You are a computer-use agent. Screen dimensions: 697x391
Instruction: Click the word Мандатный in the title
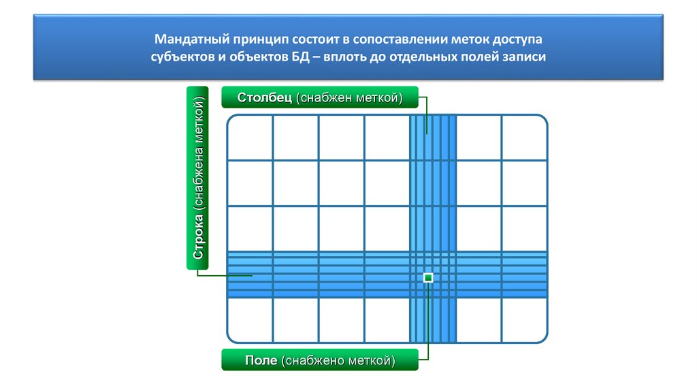(x=188, y=40)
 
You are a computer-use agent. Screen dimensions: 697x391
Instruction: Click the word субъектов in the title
(x=182, y=57)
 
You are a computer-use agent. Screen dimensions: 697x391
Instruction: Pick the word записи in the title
(x=525, y=57)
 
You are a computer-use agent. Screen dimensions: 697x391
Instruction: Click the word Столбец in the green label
(x=264, y=98)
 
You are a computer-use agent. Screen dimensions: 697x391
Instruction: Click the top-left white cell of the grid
(x=250, y=138)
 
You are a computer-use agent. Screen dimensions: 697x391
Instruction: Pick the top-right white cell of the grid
(x=524, y=138)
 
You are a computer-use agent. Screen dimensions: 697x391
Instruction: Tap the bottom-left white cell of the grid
(x=250, y=320)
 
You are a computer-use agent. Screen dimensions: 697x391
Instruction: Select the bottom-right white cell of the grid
(x=524, y=320)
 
